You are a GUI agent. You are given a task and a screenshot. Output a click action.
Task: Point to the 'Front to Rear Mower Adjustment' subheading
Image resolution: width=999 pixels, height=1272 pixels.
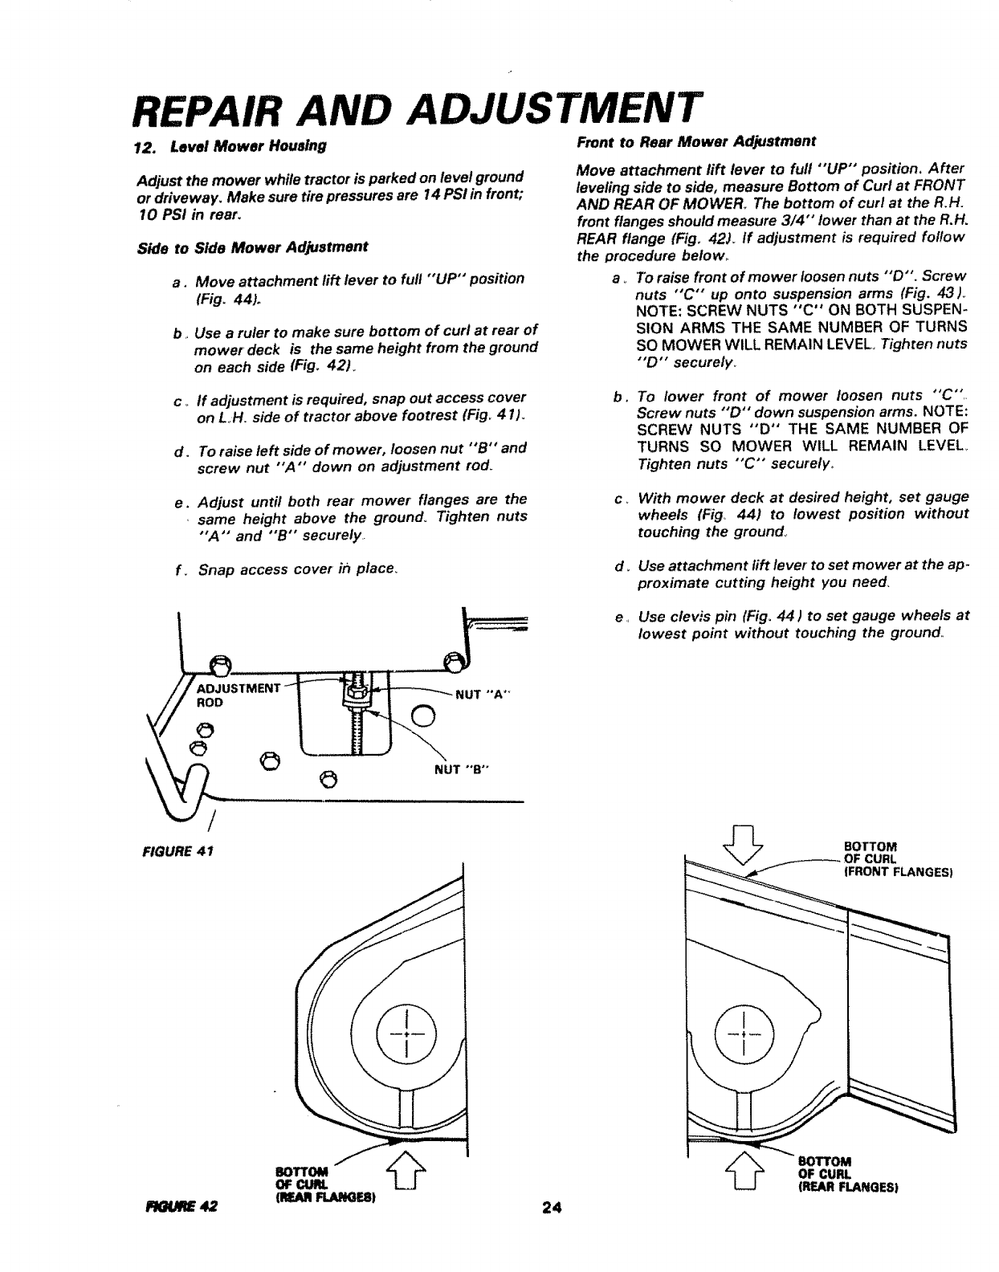tap(696, 141)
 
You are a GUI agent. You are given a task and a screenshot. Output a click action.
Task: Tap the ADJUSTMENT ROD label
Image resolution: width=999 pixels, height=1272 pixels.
tap(239, 695)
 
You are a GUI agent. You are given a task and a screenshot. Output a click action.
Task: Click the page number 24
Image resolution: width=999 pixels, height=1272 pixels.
tap(549, 1207)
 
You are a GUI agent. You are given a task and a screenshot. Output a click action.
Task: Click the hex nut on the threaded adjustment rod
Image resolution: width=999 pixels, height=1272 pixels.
tap(355, 688)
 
